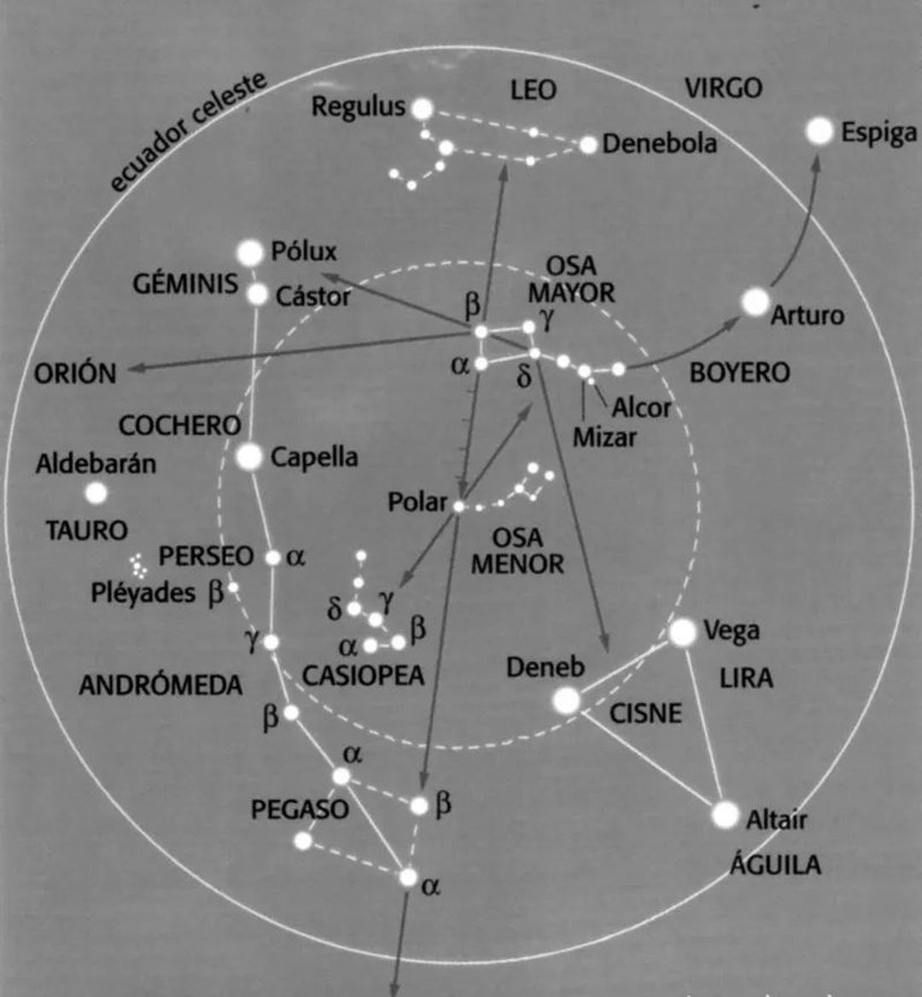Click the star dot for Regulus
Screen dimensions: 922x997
pyautogui.click(x=423, y=109)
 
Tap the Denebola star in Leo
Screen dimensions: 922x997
pyautogui.click(x=589, y=145)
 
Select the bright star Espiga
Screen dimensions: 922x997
pyautogui.click(x=820, y=131)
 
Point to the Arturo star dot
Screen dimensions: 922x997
pyautogui.click(x=756, y=301)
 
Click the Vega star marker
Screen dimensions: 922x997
pyautogui.click(x=683, y=632)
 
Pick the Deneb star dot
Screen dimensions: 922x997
pyautogui.click(x=567, y=701)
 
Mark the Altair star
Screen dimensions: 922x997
pyautogui.click(x=725, y=815)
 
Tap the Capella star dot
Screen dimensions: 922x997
pyautogui.click(x=249, y=456)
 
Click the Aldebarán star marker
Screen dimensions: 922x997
pyautogui.click(x=96, y=493)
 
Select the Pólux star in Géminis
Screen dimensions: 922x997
pyautogui.click(x=250, y=253)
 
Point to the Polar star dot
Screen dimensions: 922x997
pyautogui.click(x=458, y=506)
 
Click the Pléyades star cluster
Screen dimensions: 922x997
pyautogui.click(x=137, y=565)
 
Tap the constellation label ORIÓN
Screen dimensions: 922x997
pyautogui.click(x=75, y=373)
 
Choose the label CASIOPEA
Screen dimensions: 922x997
pyautogui.click(x=363, y=675)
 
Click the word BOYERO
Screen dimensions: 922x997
pyautogui.click(x=740, y=373)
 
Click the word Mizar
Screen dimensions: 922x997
pyautogui.click(x=604, y=437)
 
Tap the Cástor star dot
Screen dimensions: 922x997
pyautogui.click(x=258, y=294)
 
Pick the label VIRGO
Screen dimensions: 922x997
pyautogui.click(x=724, y=89)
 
